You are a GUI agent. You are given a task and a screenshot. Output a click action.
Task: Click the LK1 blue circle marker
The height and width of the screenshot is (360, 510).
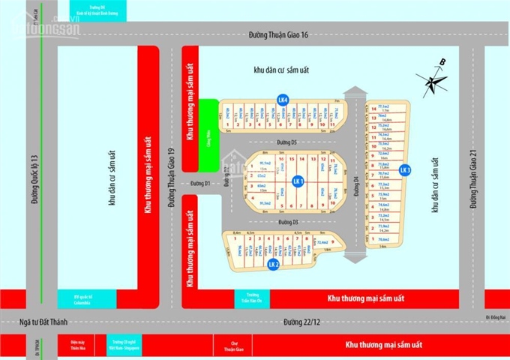tap(298, 181)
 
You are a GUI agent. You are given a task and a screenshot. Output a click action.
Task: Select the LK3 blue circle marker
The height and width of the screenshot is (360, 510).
tap(405, 170)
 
